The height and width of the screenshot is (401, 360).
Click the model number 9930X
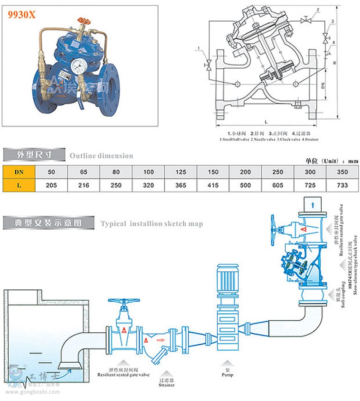tap(21, 14)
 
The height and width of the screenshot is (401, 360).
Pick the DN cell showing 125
tap(181, 172)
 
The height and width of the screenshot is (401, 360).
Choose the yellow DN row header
tap(19, 172)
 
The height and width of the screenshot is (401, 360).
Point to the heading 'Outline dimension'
tap(101, 156)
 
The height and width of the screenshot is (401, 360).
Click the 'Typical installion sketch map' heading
tap(151, 224)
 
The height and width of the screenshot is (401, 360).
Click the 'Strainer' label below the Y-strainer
tap(166, 384)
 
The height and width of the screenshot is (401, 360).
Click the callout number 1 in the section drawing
tap(198, 48)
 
